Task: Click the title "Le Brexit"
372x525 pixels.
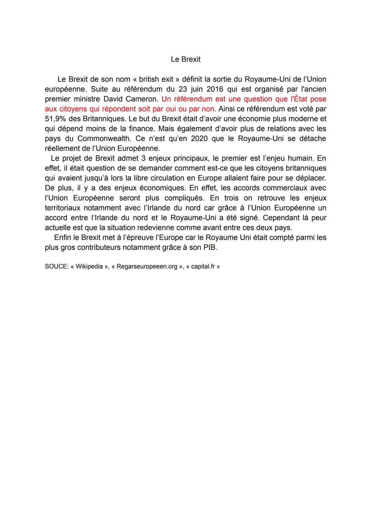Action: pyautogui.click(x=185, y=59)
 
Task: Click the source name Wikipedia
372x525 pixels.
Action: pyautogui.click(x=89, y=266)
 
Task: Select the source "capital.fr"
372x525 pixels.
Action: pyautogui.click(x=203, y=266)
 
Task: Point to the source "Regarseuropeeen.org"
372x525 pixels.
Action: pyautogui.click(x=147, y=266)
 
